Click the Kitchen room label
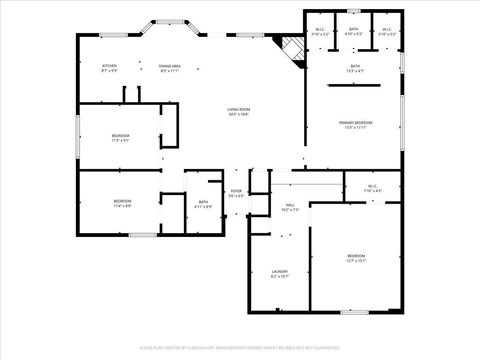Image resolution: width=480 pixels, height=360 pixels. click(x=110, y=68)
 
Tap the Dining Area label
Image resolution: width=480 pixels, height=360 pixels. click(x=168, y=68)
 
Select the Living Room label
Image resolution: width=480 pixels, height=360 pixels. click(x=238, y=113)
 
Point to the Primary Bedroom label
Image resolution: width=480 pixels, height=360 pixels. click(x=355, y=125)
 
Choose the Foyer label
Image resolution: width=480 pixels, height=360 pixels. click(x=236, y=193)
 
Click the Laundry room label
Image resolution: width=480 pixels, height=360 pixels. click(x=280, y=273)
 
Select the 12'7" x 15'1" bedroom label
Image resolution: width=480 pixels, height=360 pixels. click(x=356, y=259)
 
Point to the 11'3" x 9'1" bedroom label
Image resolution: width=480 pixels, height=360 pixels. click(x=120, y=137)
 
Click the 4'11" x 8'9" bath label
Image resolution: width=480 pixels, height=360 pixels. click(x=203, y=204)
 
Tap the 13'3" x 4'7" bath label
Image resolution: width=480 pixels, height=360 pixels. click(x=355, y=68)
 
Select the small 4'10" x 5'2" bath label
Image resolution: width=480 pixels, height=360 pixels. click(x=354, y=32)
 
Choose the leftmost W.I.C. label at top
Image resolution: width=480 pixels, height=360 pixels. click(x=320, y=32)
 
